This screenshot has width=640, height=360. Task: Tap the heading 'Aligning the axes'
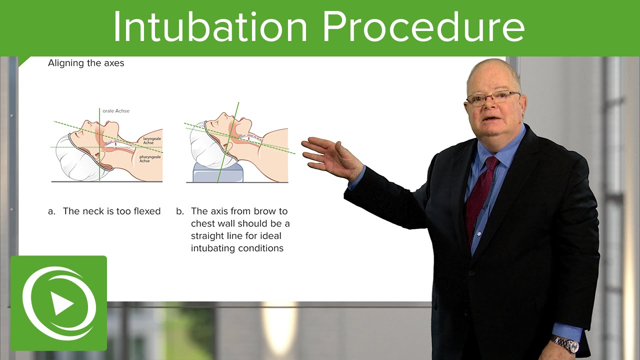click(86, 63)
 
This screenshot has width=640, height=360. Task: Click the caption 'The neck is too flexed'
click(111, 211)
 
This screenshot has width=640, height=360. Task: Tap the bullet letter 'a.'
click(51, 211)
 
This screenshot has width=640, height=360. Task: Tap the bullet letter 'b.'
click(180, 211)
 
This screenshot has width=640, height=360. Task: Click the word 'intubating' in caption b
click(213, 248)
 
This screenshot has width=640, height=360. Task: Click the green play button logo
click(58, 303)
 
